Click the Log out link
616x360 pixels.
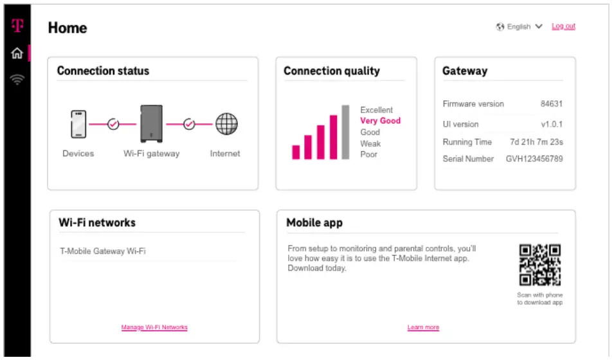[563, 26]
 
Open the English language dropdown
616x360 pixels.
[520, 26]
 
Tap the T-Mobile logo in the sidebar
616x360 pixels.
[17, 26]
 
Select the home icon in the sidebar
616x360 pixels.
[17, 53]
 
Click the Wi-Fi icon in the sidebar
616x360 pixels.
[17, 80]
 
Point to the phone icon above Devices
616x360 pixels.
[78, 124]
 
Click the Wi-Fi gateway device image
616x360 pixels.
[151, 123]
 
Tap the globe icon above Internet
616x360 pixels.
[226, 124]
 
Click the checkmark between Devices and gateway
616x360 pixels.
[113, 124]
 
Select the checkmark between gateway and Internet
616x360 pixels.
[189, 124]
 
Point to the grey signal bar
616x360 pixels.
[345, 132]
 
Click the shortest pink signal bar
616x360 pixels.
[296, 152]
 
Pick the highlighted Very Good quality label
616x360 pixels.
[380, 121]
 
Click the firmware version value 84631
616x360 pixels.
[552, 104]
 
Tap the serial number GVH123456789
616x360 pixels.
[534, 159]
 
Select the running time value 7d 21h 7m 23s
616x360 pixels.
[536, 142]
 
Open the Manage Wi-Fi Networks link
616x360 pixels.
[154, 327]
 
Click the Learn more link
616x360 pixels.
[423, 327]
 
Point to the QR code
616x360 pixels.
[539, 265]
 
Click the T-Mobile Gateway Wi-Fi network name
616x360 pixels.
[103, 251]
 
